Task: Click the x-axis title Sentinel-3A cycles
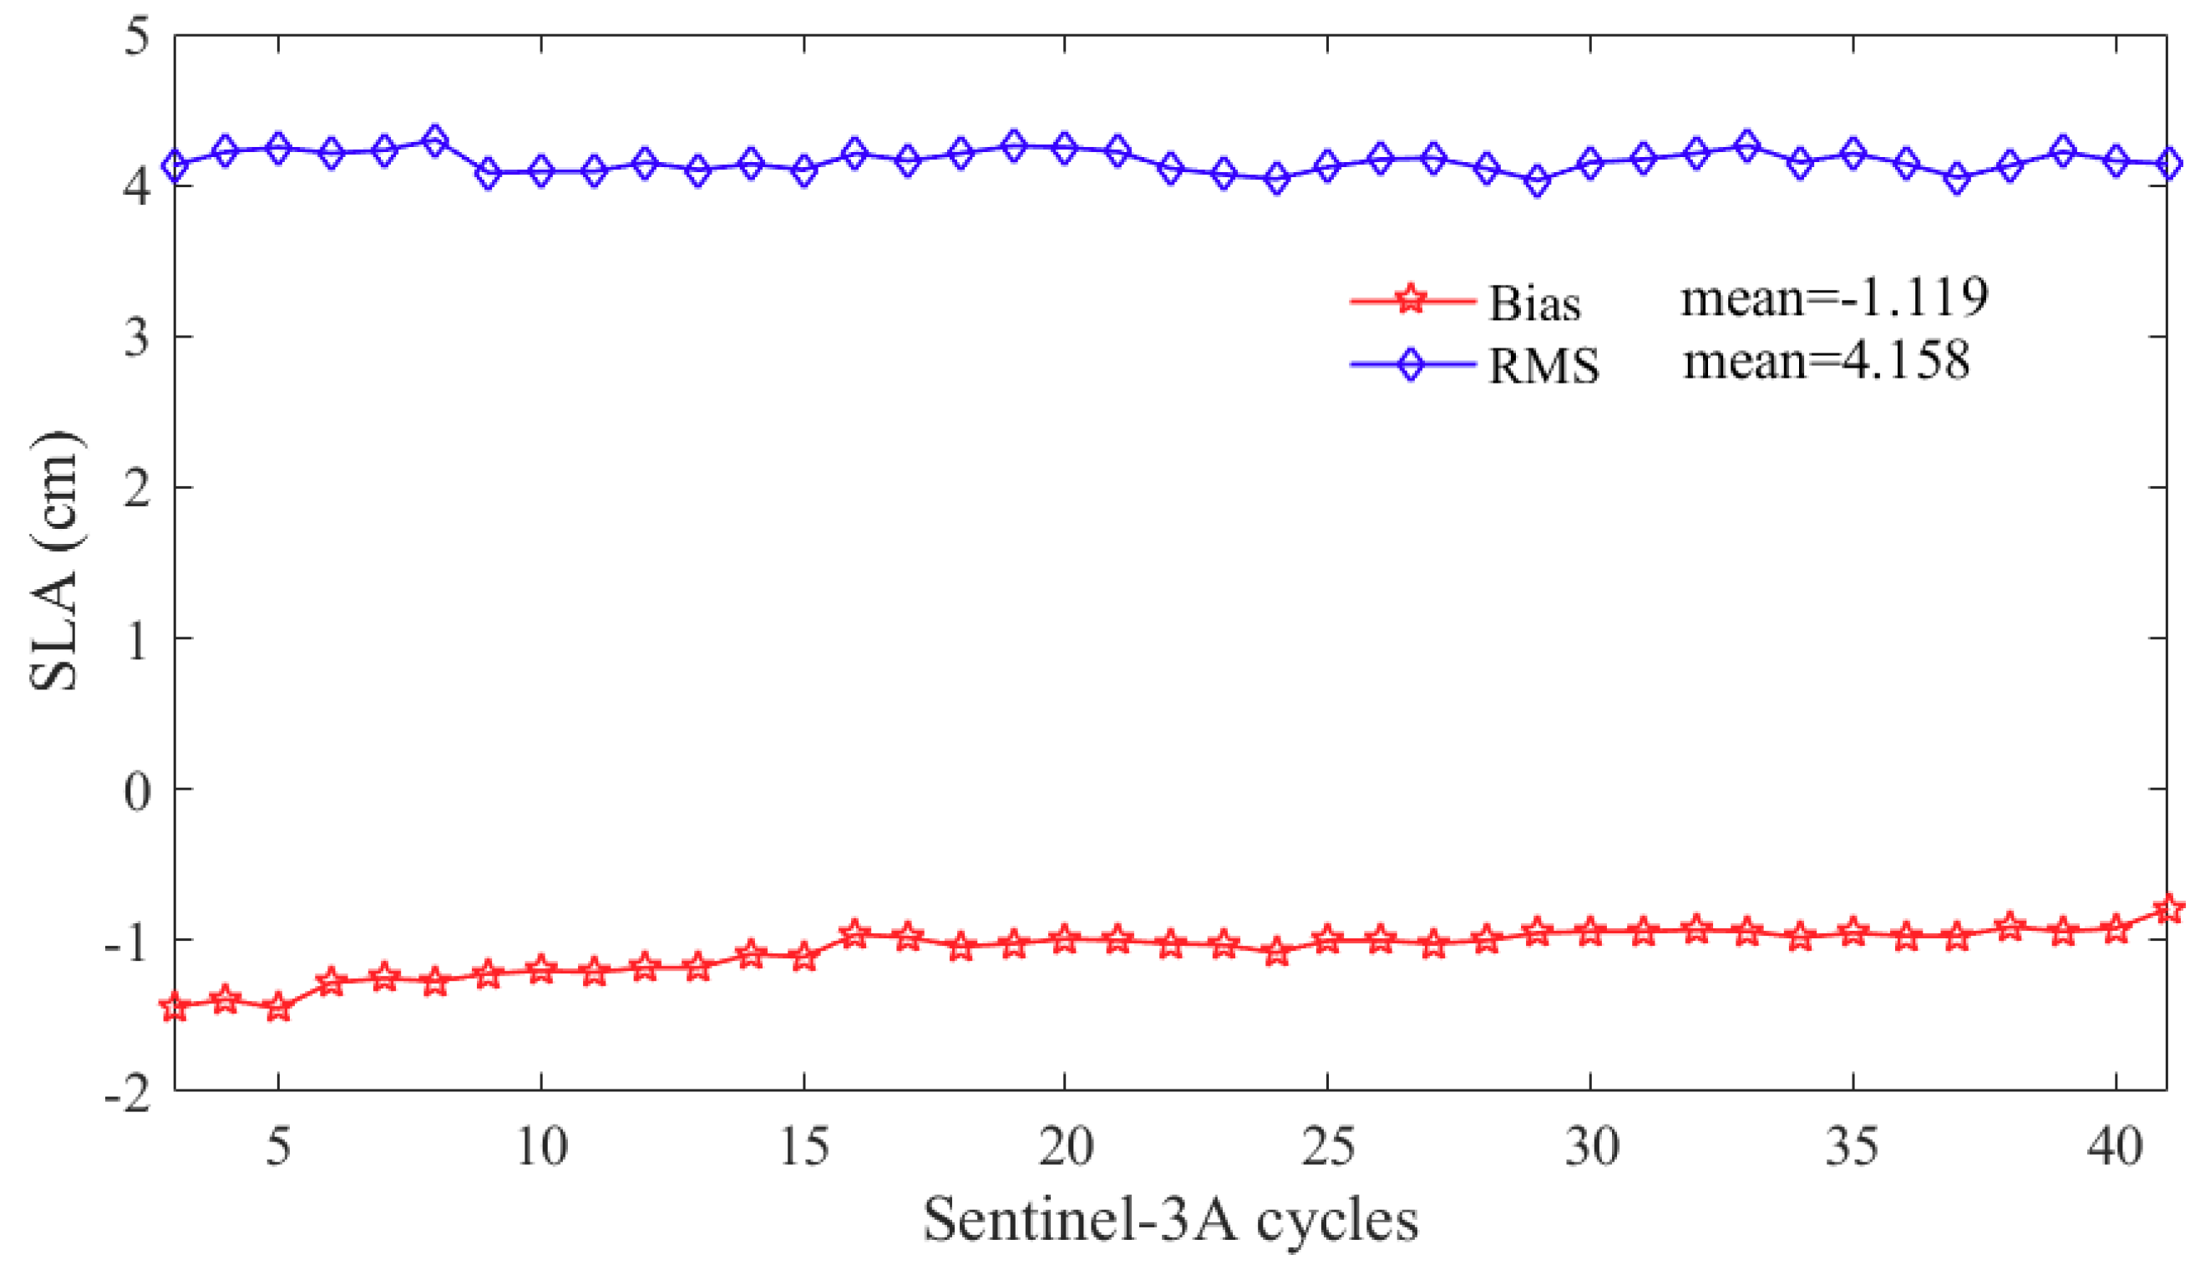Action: (1170, 1220)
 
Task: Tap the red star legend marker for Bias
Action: (1411, 300)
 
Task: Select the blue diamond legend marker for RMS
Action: (1411, 364)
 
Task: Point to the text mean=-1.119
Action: (1834, 297)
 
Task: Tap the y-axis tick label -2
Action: (128, 1094)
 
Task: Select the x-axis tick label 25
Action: (1327, 1146)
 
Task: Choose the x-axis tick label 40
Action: (2115, 1146)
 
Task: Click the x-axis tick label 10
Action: (540, 1146)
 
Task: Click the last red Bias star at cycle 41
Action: (2167, 908)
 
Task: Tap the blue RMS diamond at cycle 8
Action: (436, 140)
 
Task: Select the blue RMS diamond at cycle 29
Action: (1538, 181)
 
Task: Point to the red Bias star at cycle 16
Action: (855, 934)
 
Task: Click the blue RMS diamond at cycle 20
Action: (1065, 147)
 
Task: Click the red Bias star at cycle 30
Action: (1590, 932)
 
